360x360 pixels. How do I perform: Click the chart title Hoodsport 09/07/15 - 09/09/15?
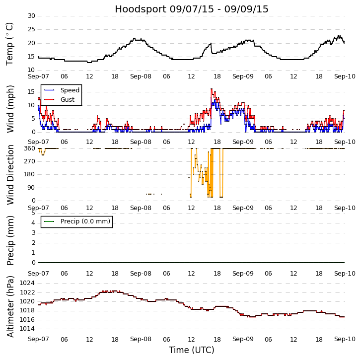tap(191, 9)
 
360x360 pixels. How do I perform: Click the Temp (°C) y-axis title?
tap(10, 43)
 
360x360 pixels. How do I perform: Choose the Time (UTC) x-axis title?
tap(191, 350)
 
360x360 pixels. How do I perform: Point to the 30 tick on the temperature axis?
tap(31, 16)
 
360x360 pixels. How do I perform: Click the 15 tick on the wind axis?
tap(31, 92)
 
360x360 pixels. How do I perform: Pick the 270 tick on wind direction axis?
tap(29, 161)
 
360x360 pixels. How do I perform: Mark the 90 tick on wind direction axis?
tap(31, 188)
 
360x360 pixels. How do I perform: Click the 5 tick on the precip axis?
tap(33, 213)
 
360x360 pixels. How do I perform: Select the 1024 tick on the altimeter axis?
tap(28, 284)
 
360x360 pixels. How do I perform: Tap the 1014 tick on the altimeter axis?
tap(28, 329)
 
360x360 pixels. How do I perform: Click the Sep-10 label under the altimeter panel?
tap(344, 339)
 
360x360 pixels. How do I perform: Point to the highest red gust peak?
tap(211, 89)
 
